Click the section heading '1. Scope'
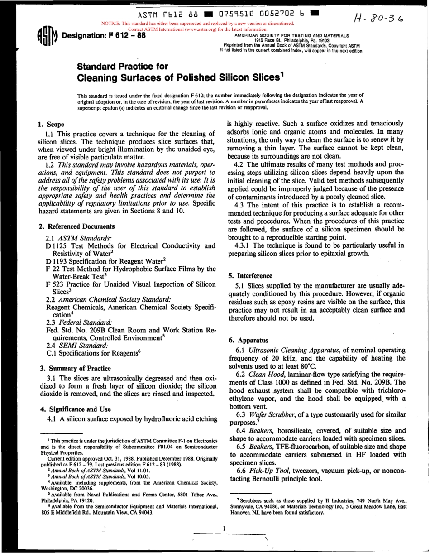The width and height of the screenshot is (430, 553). [51, 124]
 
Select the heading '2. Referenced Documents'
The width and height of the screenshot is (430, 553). [76, 226]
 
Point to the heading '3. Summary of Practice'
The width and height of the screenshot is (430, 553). [73, 368]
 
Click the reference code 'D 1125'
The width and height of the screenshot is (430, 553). [57, 246]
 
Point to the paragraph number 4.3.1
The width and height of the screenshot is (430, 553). [243, 245]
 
